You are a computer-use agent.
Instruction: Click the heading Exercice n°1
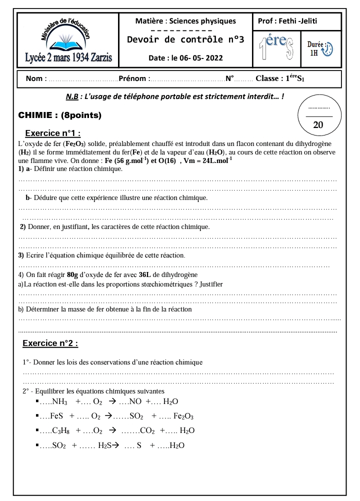coord(53,133)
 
